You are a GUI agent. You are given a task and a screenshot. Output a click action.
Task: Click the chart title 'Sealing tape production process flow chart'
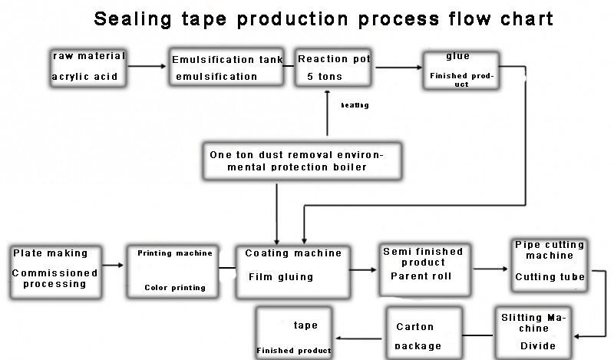point(323,19)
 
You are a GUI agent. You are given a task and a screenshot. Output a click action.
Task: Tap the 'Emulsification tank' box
point(227,68)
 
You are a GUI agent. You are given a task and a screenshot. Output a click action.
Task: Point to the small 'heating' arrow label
point(355,105)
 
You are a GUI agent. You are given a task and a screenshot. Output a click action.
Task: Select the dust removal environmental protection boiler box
point(301,161)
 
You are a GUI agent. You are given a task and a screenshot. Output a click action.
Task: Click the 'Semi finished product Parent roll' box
point(424,268)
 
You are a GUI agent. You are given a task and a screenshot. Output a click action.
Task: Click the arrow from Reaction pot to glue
point(398,68)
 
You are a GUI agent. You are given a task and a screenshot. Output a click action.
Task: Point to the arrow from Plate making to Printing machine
point(113,266)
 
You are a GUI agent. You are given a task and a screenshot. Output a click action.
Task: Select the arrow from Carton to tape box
point(359,339)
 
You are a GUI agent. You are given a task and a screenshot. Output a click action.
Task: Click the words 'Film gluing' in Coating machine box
point(280,277)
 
